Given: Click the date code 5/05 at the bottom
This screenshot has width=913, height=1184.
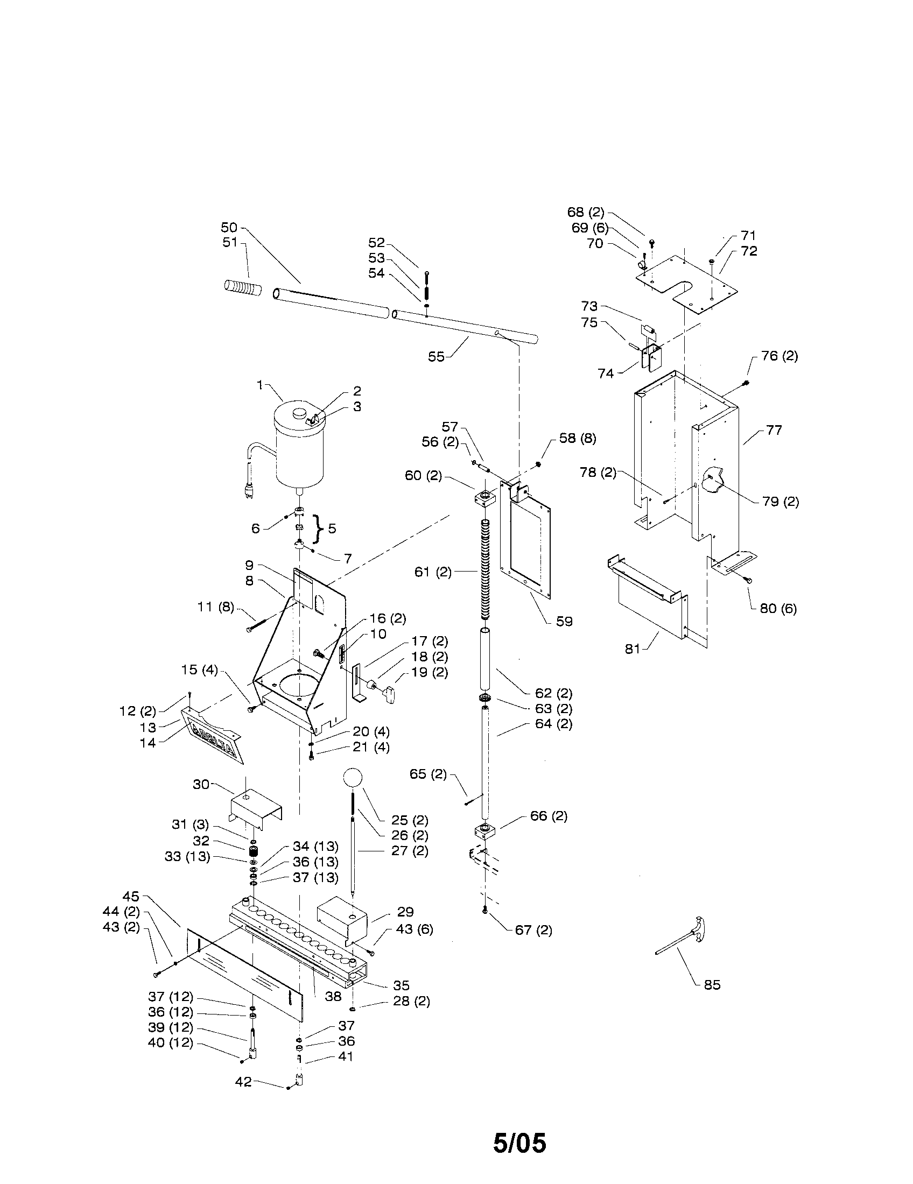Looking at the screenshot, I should pos(519,1143).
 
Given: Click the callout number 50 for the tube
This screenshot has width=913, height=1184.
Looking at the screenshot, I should pos(229,227).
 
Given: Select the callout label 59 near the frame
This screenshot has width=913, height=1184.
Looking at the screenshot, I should pos(564,621).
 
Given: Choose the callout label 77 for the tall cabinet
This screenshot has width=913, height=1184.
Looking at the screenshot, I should pos(774,430).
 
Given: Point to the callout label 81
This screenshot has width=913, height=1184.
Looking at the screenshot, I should pos(633,649).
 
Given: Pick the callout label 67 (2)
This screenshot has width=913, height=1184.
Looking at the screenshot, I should pos(533,930).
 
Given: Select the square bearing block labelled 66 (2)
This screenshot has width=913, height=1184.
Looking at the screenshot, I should pos(484,831).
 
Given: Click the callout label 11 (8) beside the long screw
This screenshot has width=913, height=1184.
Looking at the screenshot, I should pos(215,607).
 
